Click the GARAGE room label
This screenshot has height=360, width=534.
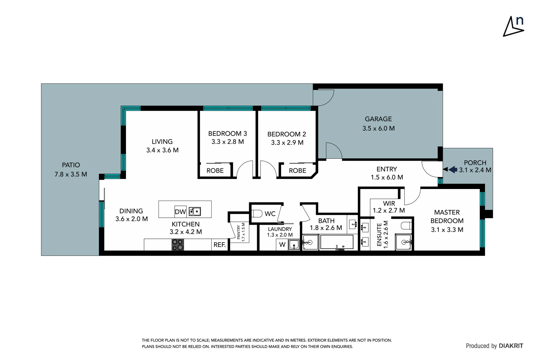pos(378,119)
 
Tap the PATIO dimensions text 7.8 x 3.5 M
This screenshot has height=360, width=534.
pos(71,174)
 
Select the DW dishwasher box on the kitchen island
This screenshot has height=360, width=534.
pos(180,212)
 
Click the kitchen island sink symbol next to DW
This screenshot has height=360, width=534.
pos(195,211)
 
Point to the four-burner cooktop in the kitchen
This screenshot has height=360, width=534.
pos(178,245)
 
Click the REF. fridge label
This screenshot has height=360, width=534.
pos(220,245)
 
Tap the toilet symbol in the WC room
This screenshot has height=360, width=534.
pos(257,213)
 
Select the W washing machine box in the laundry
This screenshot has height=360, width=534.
pos(282,245)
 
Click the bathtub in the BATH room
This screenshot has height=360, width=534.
pos(336,242)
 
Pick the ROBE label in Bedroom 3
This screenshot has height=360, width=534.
pos(215,171)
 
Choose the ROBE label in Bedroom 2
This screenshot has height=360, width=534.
pos(297,171)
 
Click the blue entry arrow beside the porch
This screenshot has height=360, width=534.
pos(452,170)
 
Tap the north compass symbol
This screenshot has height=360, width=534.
pos(513,27)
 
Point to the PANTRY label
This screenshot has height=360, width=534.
pos(239,232)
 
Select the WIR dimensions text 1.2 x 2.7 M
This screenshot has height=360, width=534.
pos(389,211)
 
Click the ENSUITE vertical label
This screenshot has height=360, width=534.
pos(379,235)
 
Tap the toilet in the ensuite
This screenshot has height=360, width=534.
pos(406,226)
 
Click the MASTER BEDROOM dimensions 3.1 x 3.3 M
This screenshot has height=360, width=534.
pos(447,230)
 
